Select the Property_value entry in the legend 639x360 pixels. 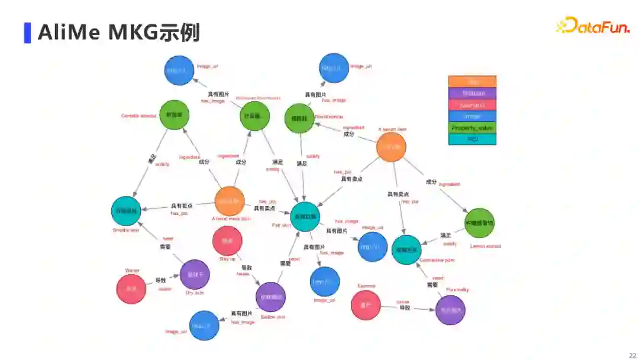click(472, 128)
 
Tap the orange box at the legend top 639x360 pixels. click(472, 82)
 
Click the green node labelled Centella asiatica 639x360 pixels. click(174, 115)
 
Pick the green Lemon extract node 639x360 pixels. click(480, 223)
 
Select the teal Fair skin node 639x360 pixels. click(305, 217)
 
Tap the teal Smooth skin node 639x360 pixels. click(126, 211)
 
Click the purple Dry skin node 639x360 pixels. click(195, 275)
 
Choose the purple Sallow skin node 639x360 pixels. click(270, 297)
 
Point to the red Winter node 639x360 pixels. click(131, 289)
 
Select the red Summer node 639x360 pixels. click(366, 305)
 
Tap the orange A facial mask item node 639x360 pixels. click(230, 201)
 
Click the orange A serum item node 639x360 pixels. click(391, 147)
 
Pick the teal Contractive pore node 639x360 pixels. click(406, 249)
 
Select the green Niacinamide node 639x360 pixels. click(299, 118)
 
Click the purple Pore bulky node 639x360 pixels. click(450, 310)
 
